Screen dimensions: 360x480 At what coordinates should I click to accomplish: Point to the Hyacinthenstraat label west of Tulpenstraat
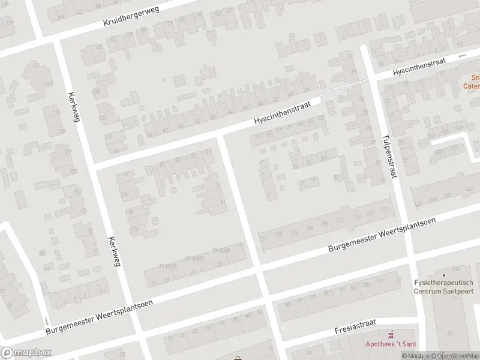282,112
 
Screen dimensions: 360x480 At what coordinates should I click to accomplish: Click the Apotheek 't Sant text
391,344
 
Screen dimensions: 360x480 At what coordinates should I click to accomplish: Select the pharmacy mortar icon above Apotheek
391,334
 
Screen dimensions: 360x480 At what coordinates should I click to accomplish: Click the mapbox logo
26,353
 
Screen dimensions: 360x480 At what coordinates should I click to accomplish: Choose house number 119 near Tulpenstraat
384,209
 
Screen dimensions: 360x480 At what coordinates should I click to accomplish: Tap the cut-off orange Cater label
472,86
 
